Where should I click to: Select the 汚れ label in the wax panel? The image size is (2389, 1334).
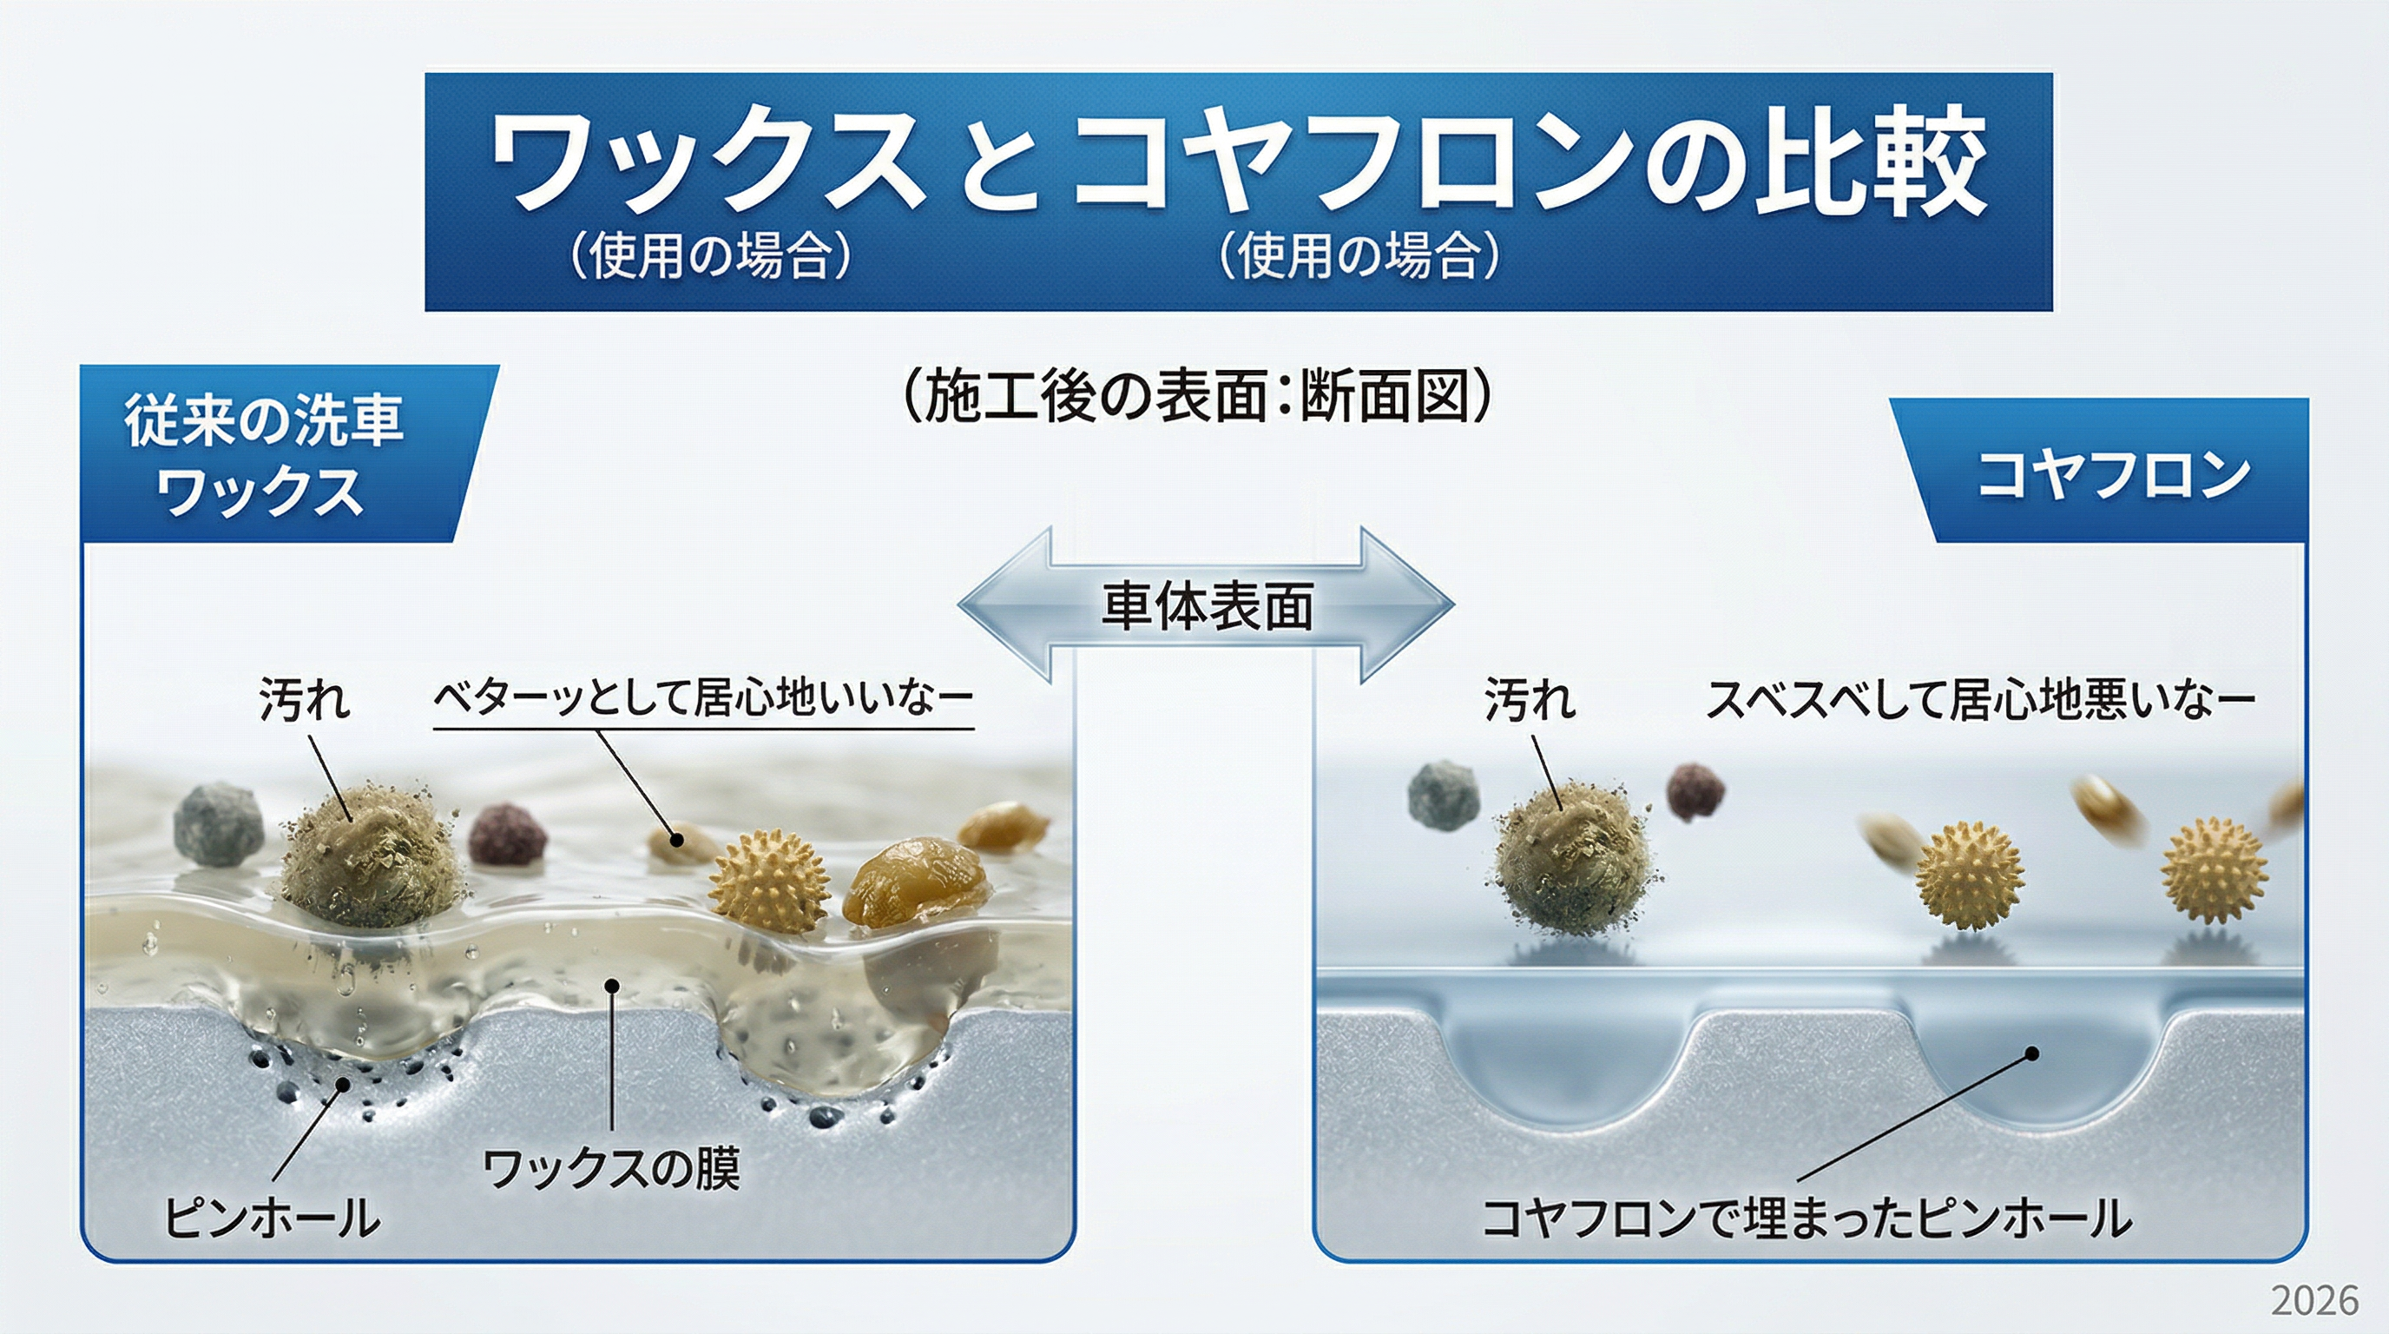pyautogui.click(x=305, y=698)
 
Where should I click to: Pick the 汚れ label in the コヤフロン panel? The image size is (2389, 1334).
pyautogui.click(x=1530, y=698)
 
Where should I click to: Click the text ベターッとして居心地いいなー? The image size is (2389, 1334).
pyautogui.click(x=704, y=697)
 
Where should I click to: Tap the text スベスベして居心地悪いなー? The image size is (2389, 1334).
pyautogui.click(x=1981, y=698)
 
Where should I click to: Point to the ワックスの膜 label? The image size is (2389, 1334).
pyautogui.click(x=612, y=1168)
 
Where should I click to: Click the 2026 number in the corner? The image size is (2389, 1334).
pyautogui.click(x=2313, y=1301)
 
